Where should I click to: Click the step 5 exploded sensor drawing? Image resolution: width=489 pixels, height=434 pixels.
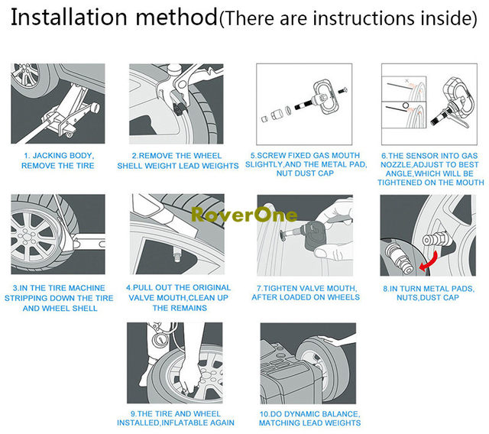[302, 106]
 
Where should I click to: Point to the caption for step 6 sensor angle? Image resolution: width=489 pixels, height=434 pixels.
[432, 170]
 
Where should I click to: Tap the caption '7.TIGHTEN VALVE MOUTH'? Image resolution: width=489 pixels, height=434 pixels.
[306, 292]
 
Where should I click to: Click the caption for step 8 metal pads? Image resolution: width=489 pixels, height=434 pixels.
[432, 292]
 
